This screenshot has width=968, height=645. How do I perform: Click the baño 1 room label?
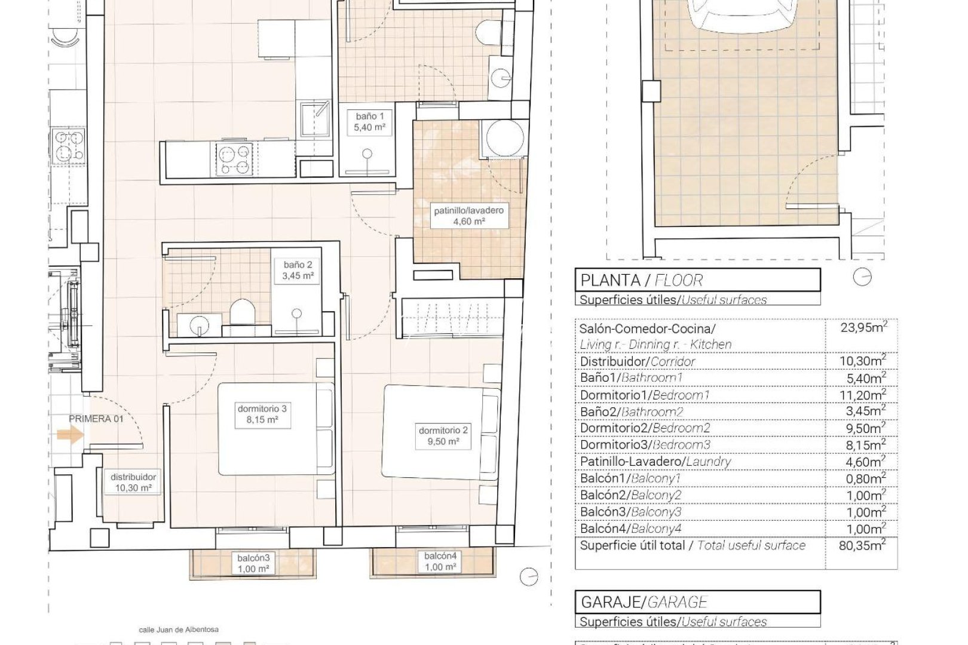(x=369, y=122)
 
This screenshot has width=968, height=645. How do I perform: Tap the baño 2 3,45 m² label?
(x=298, y=271)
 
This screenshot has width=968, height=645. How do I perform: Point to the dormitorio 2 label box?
(x=443, y=436)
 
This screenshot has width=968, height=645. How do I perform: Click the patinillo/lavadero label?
(x=468, y=216)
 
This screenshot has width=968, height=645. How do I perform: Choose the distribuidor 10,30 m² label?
(x=133, y=483)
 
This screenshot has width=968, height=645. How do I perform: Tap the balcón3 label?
(x=253, y=564)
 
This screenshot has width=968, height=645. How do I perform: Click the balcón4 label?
(x=440, y=561)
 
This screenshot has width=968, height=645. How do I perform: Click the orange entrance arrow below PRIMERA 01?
(x=71, y=435)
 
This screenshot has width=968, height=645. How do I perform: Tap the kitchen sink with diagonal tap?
(x=315, y=119)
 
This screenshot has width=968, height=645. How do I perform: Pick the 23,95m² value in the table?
(x=863, y=327)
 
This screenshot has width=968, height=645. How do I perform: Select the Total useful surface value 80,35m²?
(x=862, y=545)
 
